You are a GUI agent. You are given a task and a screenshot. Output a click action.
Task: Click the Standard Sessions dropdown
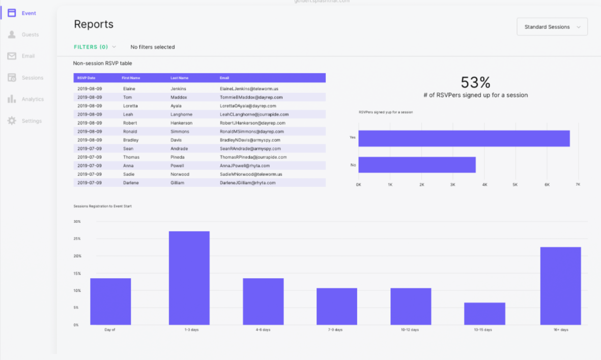tap(552, 27)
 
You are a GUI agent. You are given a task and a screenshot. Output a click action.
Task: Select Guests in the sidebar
tap(30, 35)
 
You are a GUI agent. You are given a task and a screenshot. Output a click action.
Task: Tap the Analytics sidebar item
tap(33, 99)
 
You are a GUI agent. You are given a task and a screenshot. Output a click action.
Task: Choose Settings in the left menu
tap(32, 121)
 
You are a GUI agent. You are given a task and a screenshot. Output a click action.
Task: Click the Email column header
tap(224, 78)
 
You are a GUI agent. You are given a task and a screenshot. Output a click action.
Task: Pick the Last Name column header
tap(179, 78)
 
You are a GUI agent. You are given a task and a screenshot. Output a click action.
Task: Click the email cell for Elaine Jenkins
tap(249, 88)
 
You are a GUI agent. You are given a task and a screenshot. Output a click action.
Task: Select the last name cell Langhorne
tap(181, 114)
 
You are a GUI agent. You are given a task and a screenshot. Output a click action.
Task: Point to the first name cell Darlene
tap(131, 183)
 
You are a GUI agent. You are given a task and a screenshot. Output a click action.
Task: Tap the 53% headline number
tap(475, 82)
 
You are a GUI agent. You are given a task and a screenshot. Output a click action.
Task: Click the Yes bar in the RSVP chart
tap(464, 138)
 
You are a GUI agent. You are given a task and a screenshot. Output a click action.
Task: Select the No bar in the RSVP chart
tap(417, 165)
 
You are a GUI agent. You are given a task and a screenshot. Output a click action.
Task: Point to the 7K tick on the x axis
tap(578, 185)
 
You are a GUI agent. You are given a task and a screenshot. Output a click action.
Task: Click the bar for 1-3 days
tap(189, 278)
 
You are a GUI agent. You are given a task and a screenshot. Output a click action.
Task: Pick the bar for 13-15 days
tap(484, 313)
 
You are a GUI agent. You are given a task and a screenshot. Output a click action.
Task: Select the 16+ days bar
tap(560, 286)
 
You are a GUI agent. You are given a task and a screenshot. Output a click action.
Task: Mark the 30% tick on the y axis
tap(77, 222)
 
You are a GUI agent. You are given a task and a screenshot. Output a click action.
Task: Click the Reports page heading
tap(94, 24)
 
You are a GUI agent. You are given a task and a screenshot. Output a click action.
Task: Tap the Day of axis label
tap(110, 330)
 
